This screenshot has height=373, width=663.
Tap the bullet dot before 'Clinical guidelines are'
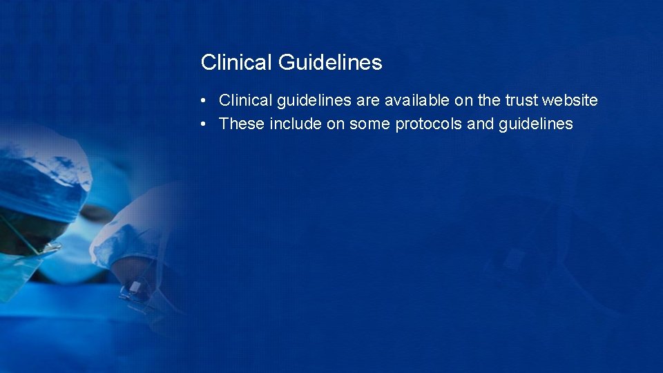tap(204, 101)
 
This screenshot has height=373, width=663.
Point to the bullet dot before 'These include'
tap(204, 124)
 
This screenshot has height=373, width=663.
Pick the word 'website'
tap(570, 101)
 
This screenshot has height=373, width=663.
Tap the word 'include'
tap(296, 124)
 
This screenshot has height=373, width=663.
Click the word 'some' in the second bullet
tap(370, 124)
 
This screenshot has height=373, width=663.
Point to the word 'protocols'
tap(429, 124)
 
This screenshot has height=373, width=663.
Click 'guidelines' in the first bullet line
tap(314, 101)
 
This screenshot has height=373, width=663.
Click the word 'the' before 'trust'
tap(489, 101)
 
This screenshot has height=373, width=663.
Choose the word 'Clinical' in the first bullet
tap(245, 101)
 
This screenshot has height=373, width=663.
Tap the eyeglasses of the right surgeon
tap(135, 293)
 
